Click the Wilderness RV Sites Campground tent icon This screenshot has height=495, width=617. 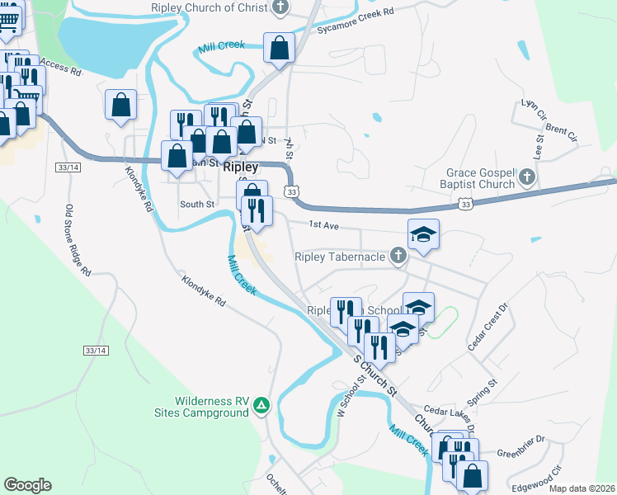click(x=261, y=405)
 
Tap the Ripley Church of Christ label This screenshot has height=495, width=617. click(x=210, y=7)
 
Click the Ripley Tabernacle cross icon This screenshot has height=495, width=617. click(x=398, y=257)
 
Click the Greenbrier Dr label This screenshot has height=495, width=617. click(x=522, y=452)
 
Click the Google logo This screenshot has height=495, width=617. click(x=27, y=485)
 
